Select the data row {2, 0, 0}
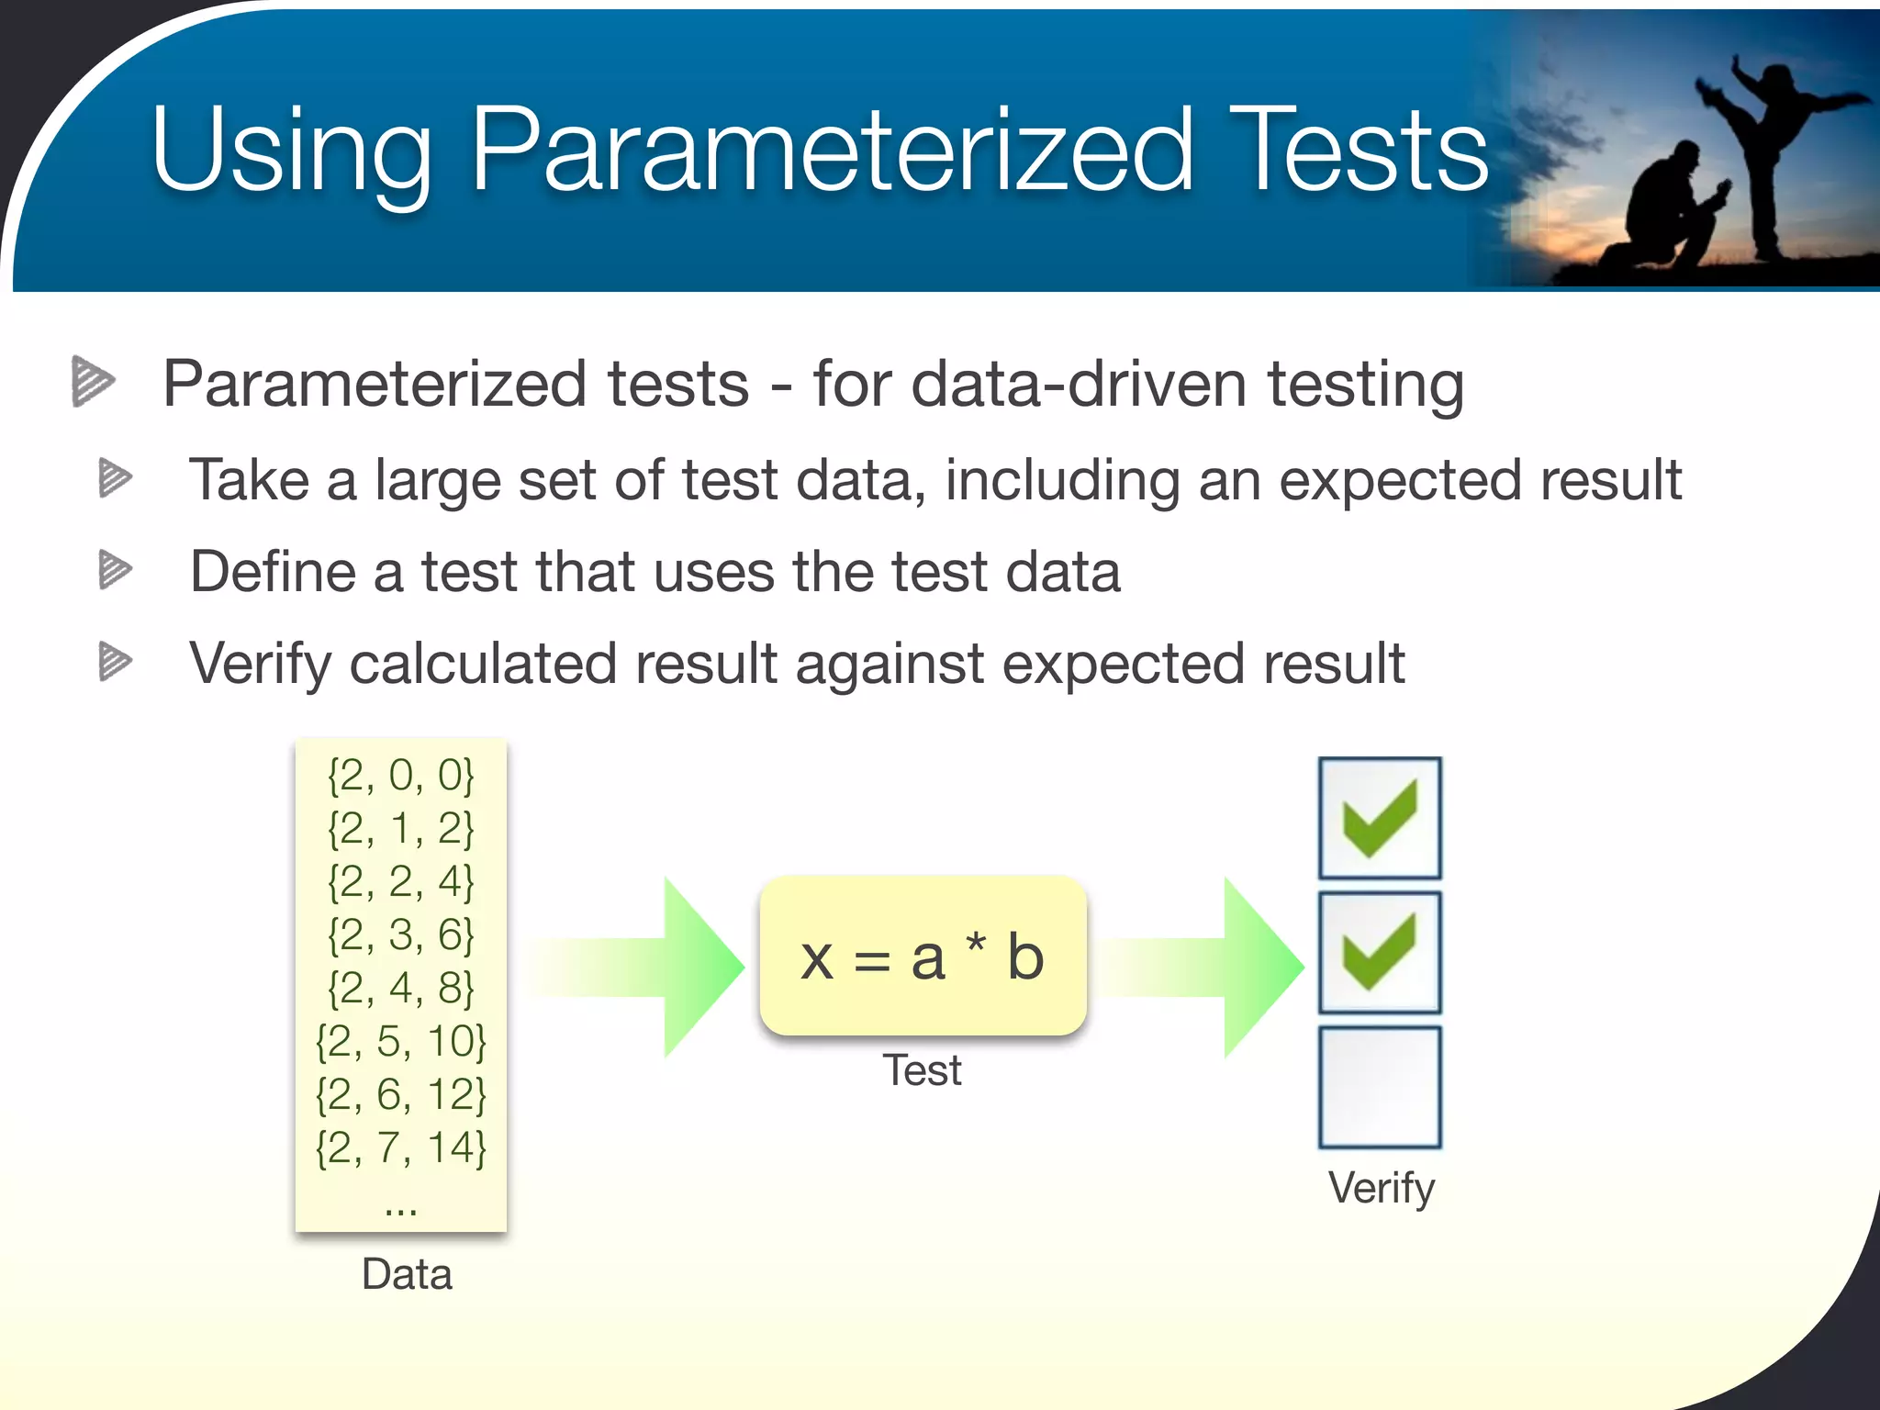[x=401, y=776]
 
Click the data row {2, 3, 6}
[x=401, y=935]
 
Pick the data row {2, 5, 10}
[x=401, y=1042]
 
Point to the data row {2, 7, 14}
[x=401, y=1148]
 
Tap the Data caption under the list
[x=407, y=1275]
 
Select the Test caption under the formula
[x=922, y=1071]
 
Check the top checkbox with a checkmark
[x=1380, y=818]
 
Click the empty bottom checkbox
[x=1380, y=1088]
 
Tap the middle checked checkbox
[x=1380, y=953]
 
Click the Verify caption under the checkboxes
[x=1381, y=1189]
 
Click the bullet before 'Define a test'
[x=115, y=570]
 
